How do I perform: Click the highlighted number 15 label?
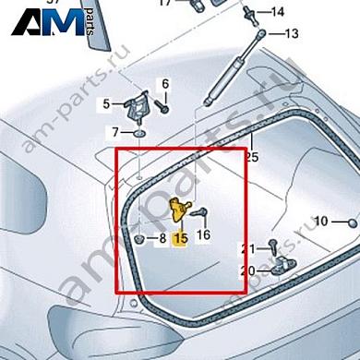(180, 237)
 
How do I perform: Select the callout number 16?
(204, 234)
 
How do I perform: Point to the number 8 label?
(161, 238)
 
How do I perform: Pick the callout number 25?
(250, 157)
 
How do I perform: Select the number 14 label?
(278, 12)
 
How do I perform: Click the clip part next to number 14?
(251, 14)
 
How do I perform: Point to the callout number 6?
(166, 84)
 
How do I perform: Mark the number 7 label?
(115, 132)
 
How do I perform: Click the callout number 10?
(320, 222)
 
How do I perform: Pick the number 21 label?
(246, 249)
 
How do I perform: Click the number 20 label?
(246, 270)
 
